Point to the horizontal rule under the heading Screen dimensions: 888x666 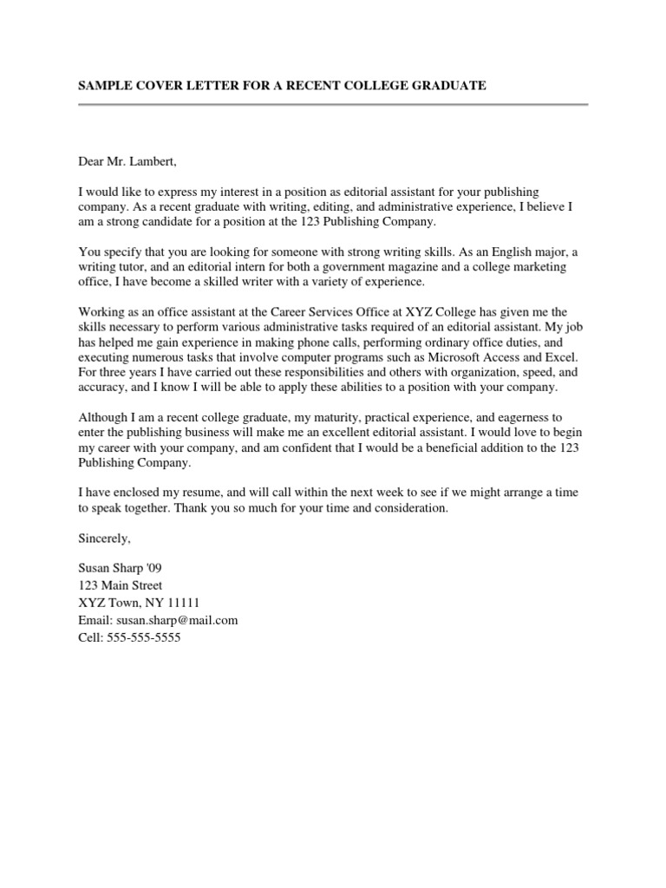333,105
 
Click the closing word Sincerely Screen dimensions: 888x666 104,539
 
